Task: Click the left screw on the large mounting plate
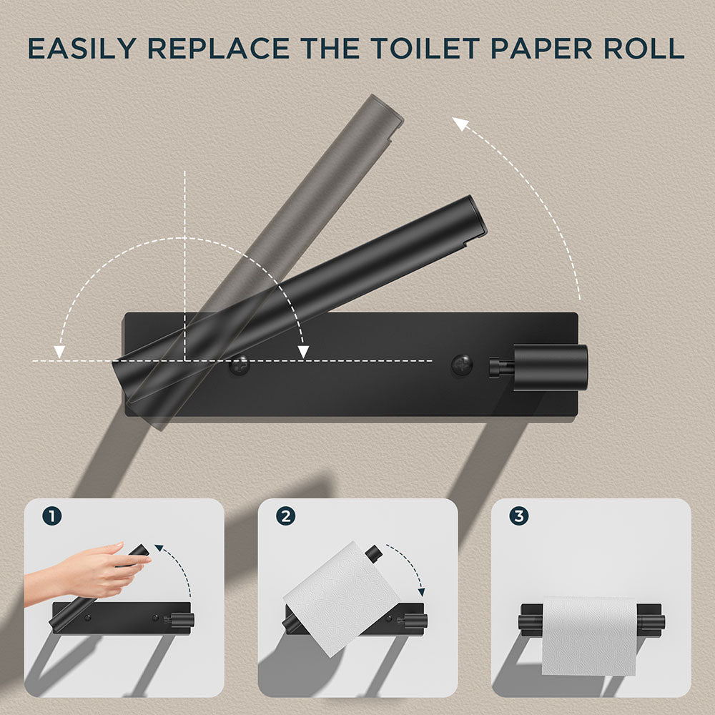pyautogui.click(x=239, y=366)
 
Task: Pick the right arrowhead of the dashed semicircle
pyautogui.click(x=303, y=351)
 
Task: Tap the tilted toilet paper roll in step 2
pyautogui.click(x=342, y=597)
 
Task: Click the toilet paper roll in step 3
pyautogui.click(x=588, y=635)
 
